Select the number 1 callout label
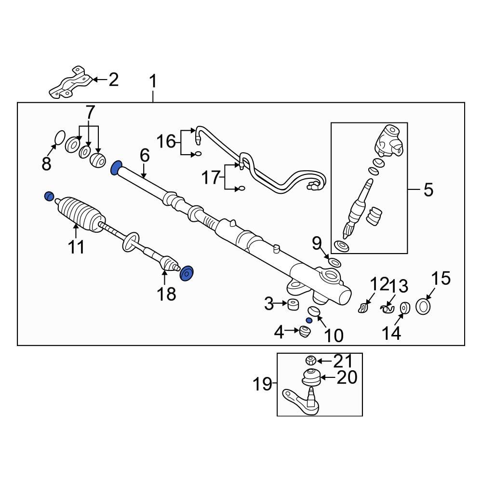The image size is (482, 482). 153,81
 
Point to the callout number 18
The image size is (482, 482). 167,293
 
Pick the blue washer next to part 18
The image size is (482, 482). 187,273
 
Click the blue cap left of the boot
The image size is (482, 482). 49,196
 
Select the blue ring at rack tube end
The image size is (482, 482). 116,168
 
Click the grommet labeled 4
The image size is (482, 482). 305,332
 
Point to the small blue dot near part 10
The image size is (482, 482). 309,321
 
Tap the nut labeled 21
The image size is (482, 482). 310,360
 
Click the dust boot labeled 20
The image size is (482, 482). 312,376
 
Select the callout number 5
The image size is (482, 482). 428,189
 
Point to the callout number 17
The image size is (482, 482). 210,178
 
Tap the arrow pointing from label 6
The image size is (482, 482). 144,171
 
